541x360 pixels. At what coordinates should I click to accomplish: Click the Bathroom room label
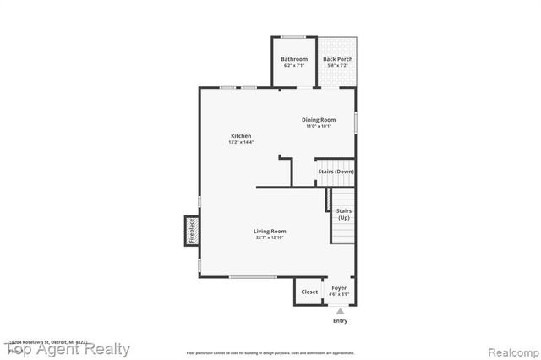[x=293, y=58]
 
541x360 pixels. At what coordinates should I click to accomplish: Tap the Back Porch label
[x=338, y=58]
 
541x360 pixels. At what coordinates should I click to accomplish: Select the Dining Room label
[x=319, y=120]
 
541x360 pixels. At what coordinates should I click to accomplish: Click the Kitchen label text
[x=241, y=136]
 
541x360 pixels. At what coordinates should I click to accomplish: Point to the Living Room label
[x=270, y=231]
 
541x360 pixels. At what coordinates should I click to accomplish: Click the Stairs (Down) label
[x=336, y=172]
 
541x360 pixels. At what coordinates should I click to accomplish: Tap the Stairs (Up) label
[x=344, y=214]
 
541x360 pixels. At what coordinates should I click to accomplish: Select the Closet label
[x=309, y=292]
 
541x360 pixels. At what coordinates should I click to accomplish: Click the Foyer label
[x=339, y=288]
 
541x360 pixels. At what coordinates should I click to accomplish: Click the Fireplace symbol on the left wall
[x=191, y=230]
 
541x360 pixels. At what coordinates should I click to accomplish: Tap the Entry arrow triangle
[x=340, y=311]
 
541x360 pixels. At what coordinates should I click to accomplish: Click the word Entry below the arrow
[x=340, y=321]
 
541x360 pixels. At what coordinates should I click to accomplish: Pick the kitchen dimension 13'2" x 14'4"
[x=241, y=142]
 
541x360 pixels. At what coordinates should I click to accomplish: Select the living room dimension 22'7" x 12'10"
[x=270, y=237]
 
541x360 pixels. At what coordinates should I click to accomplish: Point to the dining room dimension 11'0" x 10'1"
[x=319, y=127]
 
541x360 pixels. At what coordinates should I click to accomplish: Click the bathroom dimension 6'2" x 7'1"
[x=293, y=65]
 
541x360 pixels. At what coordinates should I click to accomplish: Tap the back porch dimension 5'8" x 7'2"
[x=338, y=65]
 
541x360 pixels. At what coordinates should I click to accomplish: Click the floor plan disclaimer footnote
[x=270, y=352]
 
